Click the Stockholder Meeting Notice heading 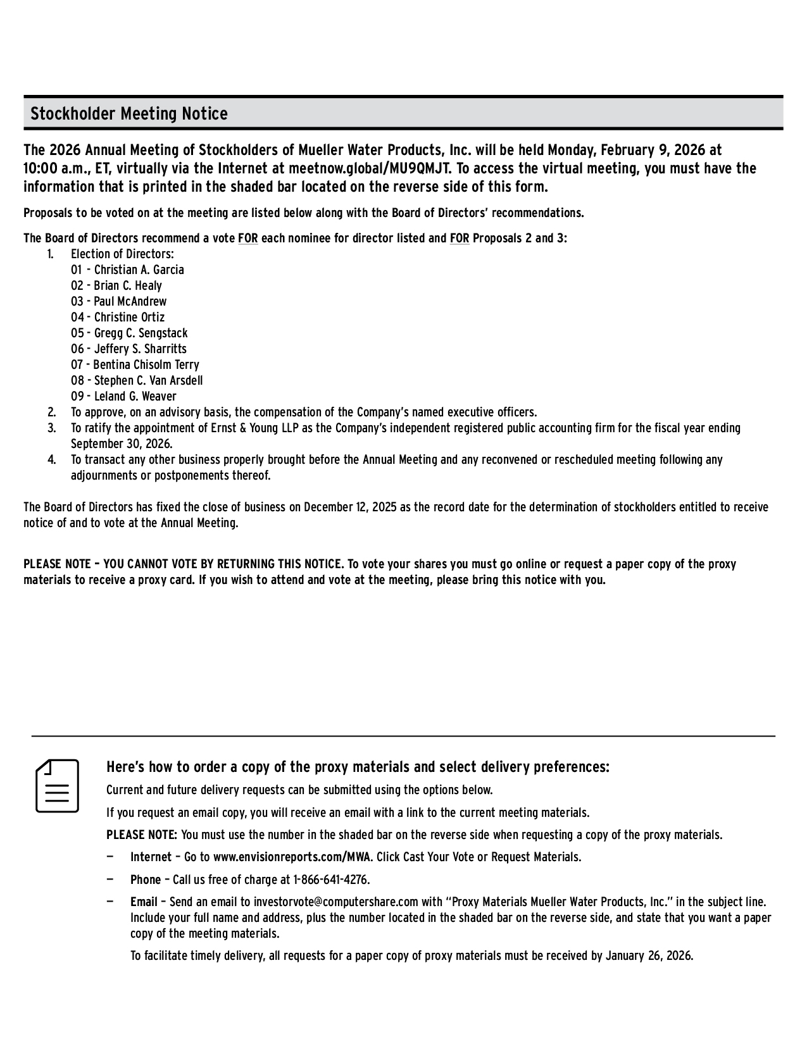tap(129, 114)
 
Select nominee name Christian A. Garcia tap(139, 270)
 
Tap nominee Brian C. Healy tap(128, 286)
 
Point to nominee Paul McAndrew tap(130, 302)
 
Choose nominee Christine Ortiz tap(129, 318)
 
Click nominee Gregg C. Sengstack tap(141, 333)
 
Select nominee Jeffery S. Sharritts tap(141, 349)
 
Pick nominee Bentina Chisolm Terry tap(146, 365)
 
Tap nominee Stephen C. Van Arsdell tap(148, 381)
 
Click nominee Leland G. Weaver tap(135, 397)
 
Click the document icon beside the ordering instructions tap(57, 785)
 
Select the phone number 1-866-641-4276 tap(330, 880)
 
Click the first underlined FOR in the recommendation tap(247, 239)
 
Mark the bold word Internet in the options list tap(151, 857)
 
